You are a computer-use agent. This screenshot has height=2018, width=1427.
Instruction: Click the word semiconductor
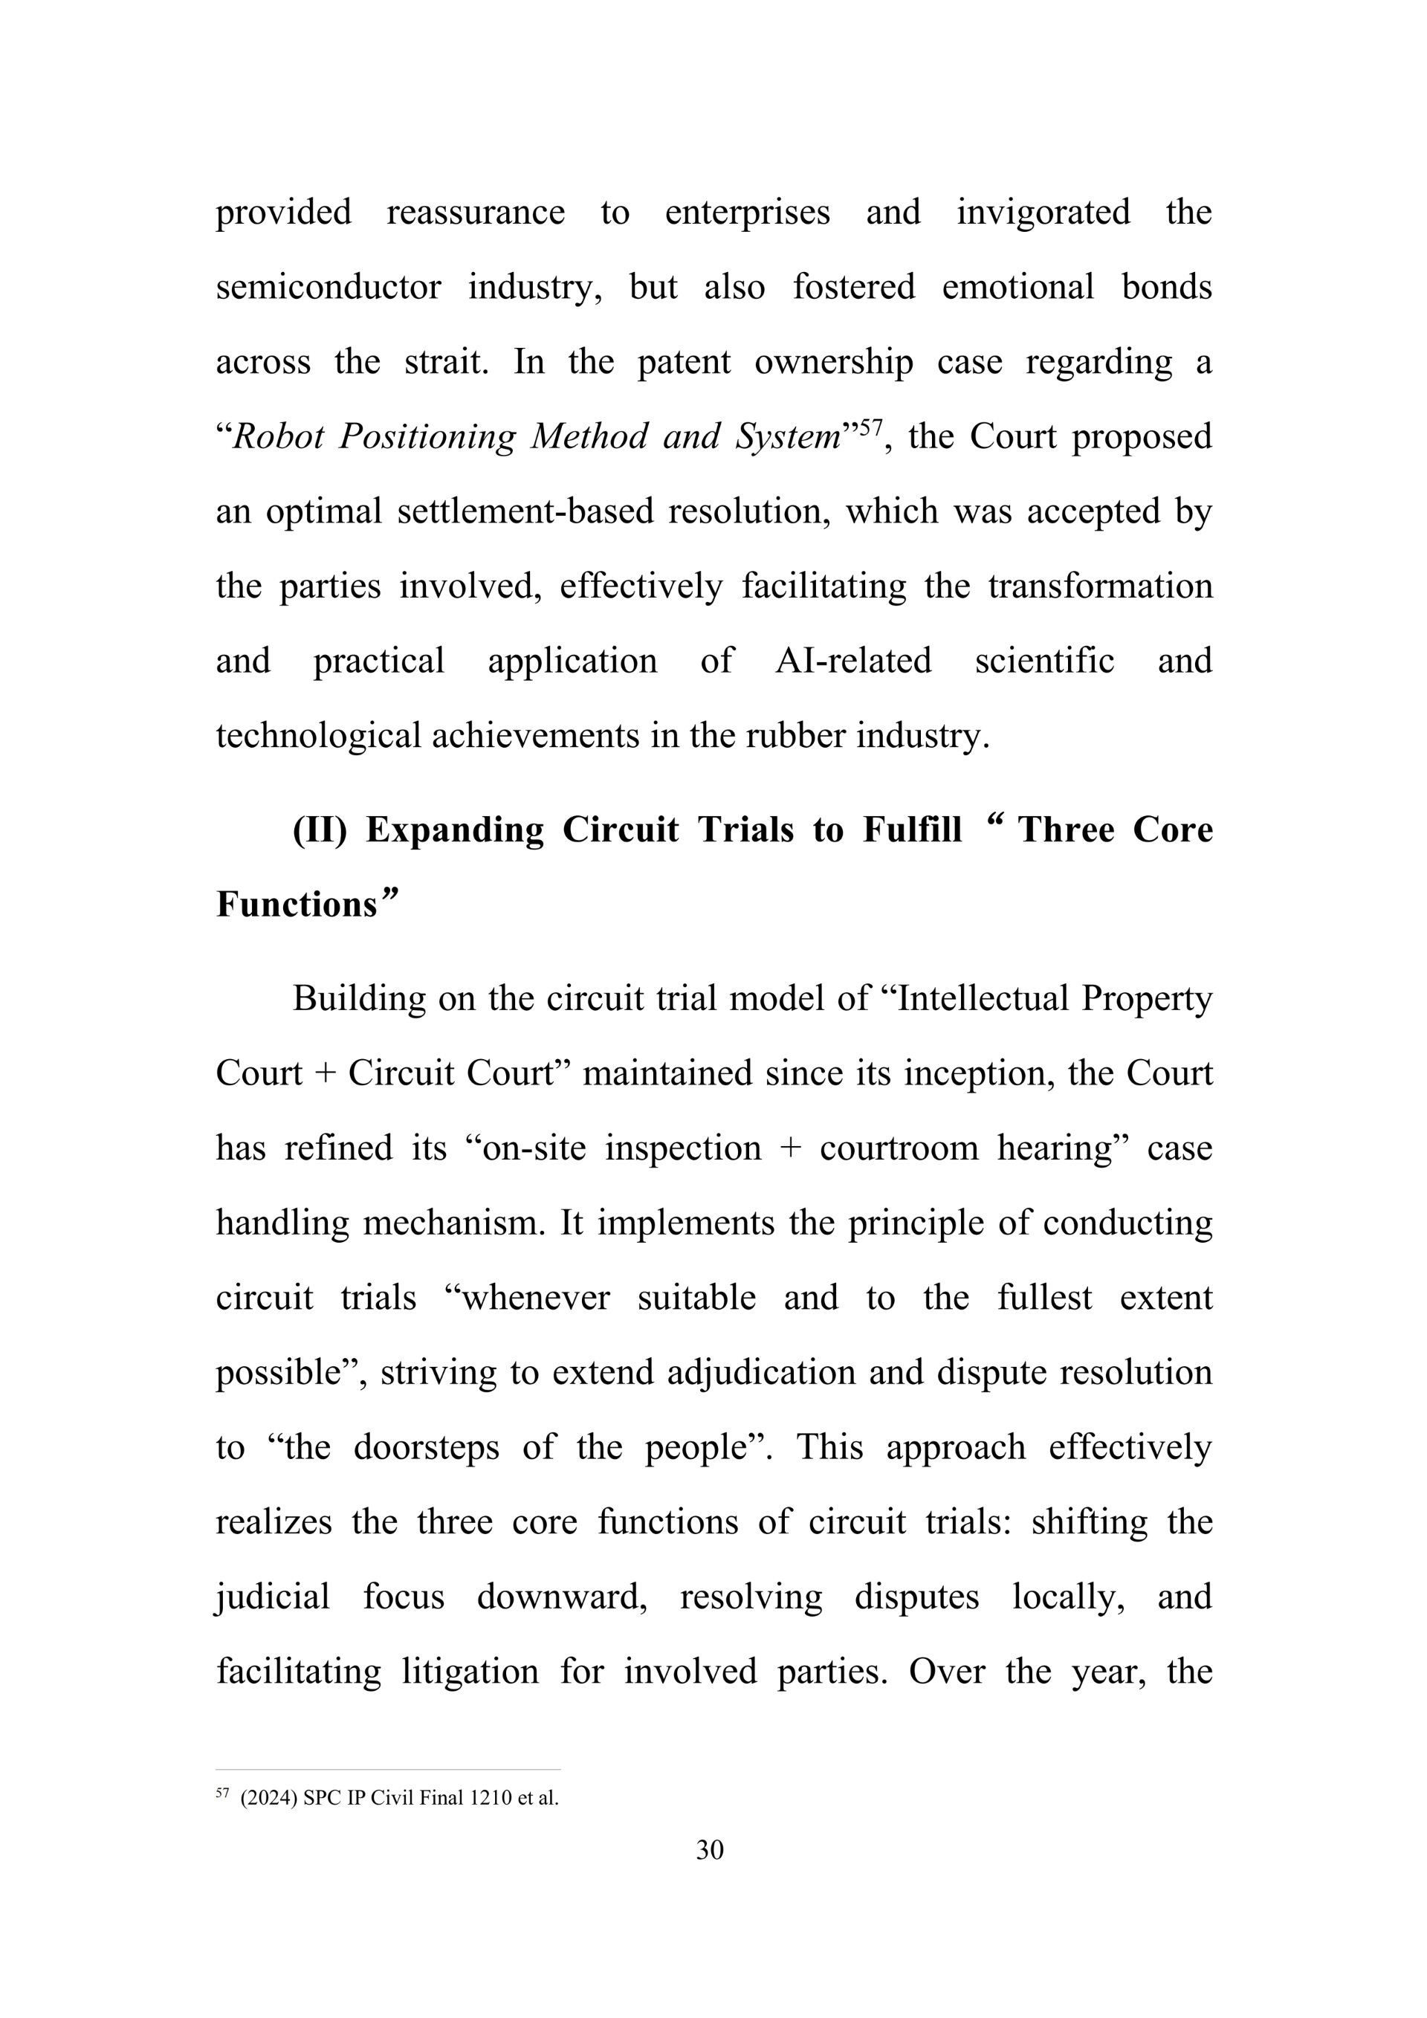(328, 288)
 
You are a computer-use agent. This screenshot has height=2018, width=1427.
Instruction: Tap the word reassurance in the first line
(476, 213)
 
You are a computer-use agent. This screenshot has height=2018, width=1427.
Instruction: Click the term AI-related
(852, 661)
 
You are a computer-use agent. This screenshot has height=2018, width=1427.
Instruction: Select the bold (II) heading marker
(320, 829)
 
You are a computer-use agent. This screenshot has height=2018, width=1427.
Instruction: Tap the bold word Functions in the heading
(296, 905)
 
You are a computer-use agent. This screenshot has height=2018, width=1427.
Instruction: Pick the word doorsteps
(426, 1448)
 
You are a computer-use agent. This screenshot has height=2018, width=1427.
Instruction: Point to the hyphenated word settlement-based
(525, 511)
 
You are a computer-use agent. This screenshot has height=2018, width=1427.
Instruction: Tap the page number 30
(710, 1850)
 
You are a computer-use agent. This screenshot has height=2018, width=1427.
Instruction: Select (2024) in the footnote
(269, 1798)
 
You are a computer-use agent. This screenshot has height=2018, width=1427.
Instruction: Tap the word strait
(445, 362)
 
